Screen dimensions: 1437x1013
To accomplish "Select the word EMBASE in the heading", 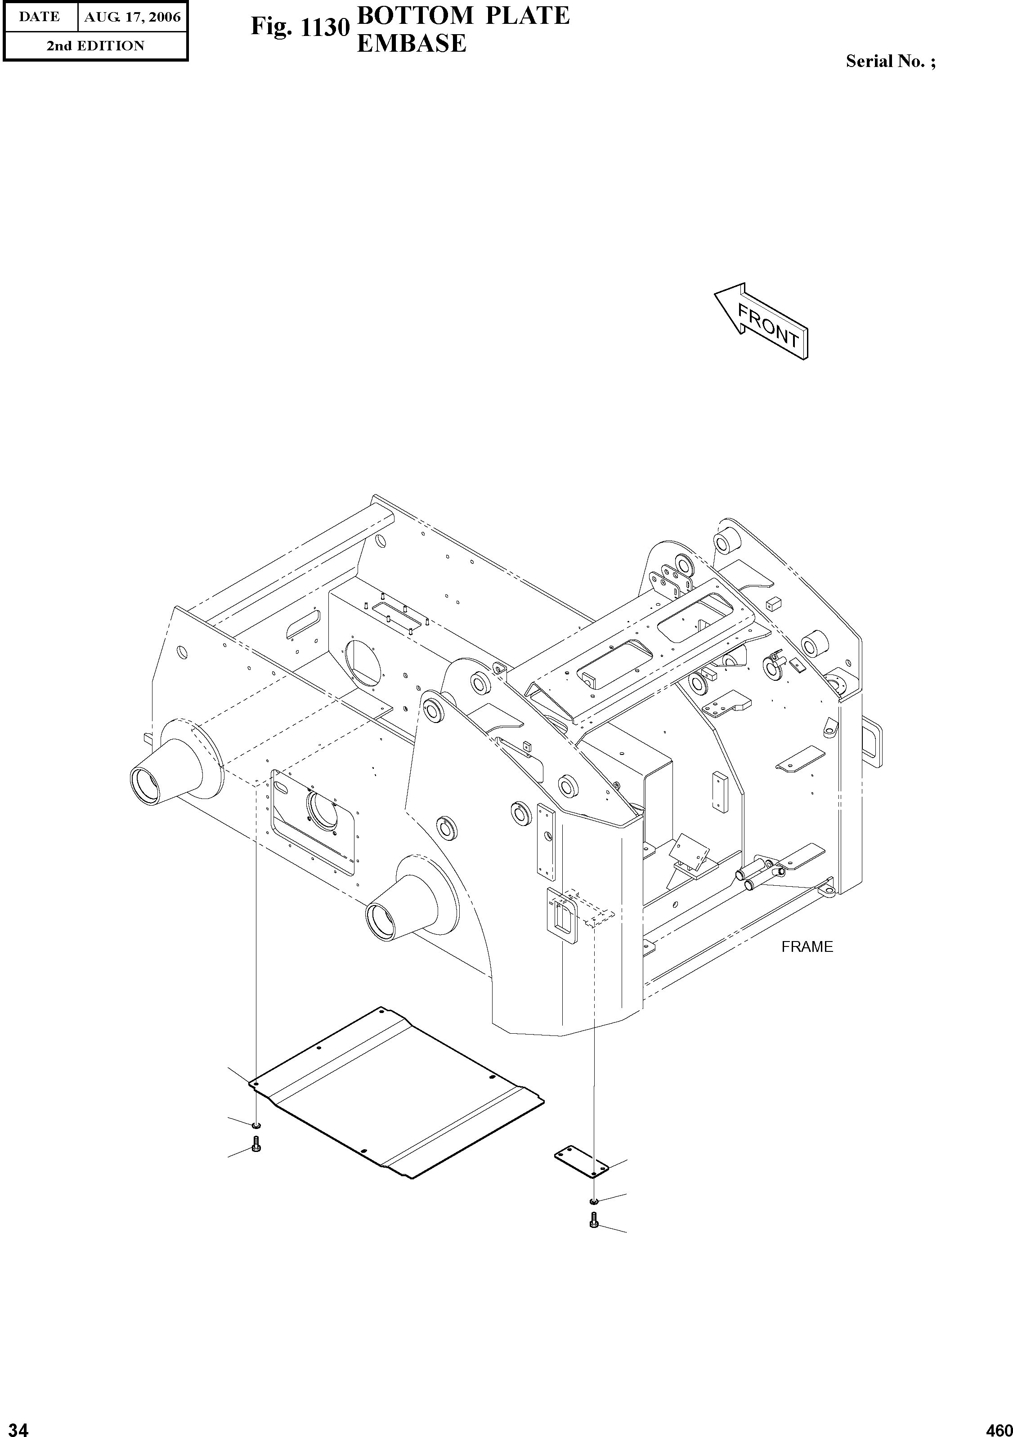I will (x=411, y=43).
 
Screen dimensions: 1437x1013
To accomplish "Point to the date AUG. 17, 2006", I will (x=132, y=17).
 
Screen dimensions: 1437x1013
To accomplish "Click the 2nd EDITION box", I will (x=95, y=46).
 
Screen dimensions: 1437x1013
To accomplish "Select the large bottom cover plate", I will (x=394, y=1102).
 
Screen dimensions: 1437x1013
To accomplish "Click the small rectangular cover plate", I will (x=581, y=1162).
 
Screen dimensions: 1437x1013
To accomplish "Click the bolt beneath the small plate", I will (x=593, y=1219).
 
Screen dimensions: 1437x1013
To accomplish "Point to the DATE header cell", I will (x=40, y=17).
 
